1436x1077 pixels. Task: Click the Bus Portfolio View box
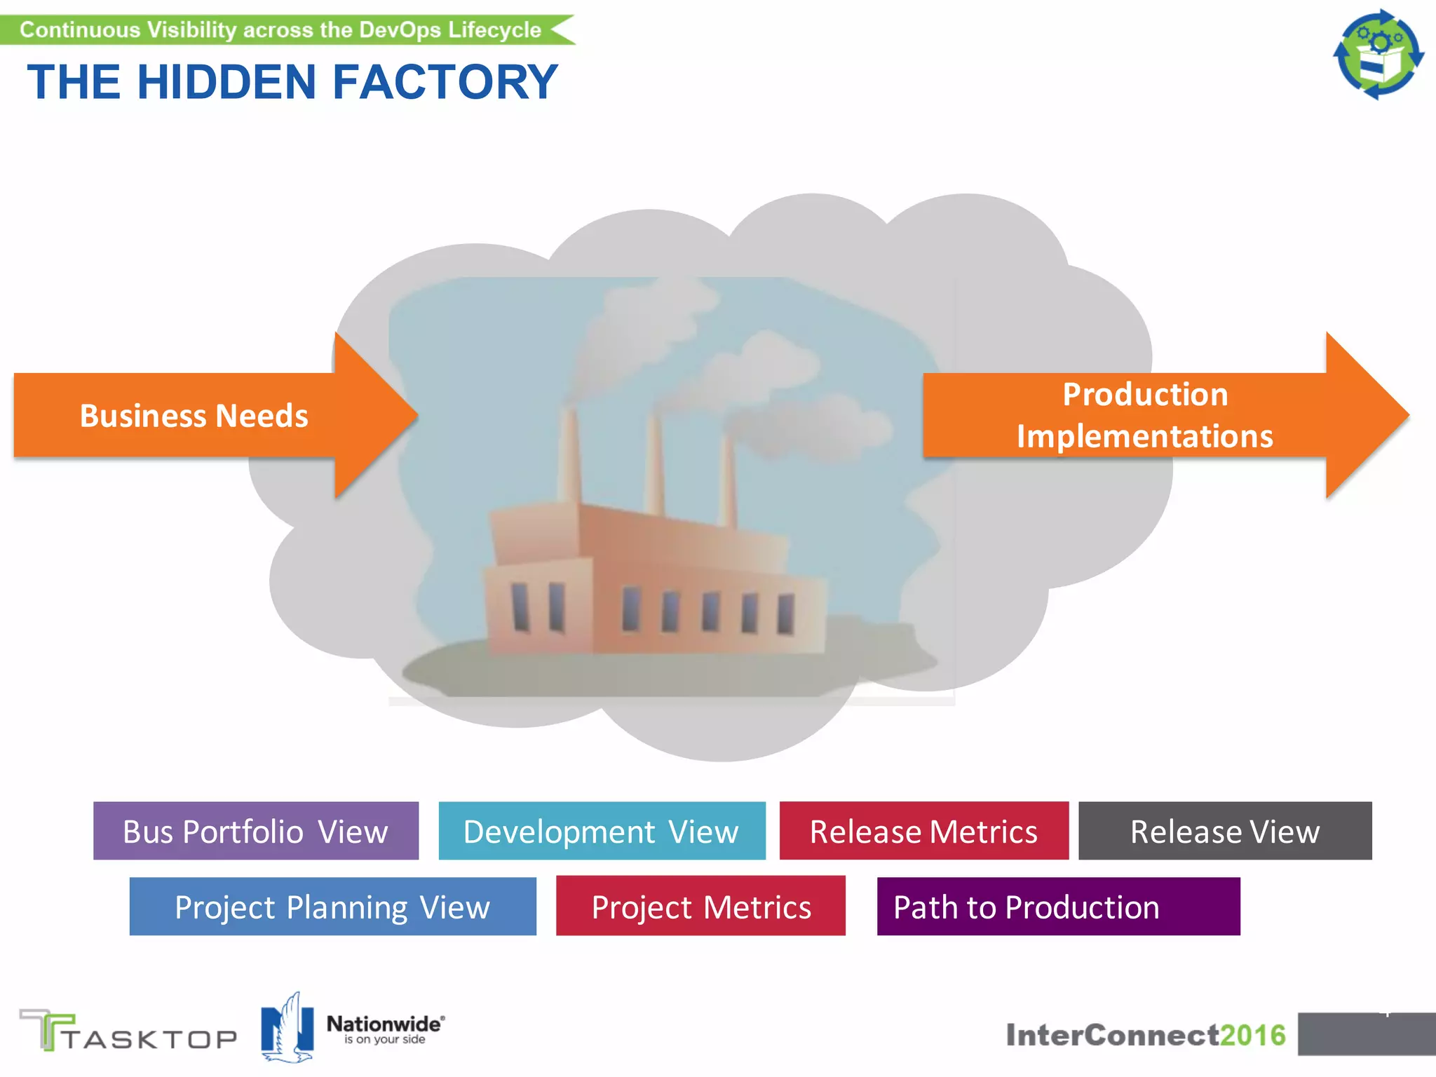256,831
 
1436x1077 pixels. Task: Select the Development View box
602,831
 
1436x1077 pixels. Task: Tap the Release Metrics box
923,831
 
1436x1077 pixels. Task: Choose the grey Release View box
1224,831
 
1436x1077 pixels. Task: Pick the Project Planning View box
332,907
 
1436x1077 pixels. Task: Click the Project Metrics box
700,907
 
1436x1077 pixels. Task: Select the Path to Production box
1058,907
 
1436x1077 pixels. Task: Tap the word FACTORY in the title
445,82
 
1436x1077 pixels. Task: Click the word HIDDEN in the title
226,82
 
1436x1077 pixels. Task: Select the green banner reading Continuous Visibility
280,30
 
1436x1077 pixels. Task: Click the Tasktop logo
128,1031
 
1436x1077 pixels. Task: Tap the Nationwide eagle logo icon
287,1028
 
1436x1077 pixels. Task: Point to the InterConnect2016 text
1145,1035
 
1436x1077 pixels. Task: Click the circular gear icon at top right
1378,54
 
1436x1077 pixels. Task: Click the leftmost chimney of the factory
569,456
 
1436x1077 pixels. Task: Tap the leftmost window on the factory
520,607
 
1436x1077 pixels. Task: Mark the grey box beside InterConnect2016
1365,1034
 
